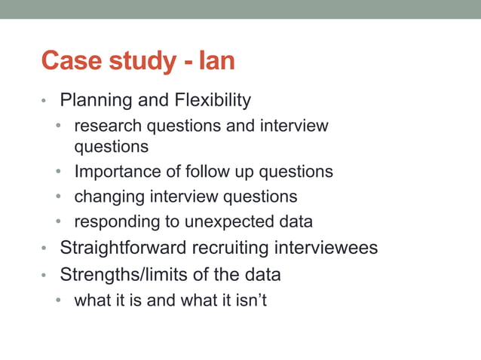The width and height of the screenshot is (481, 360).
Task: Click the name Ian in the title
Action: pyautogui.click(x=217, y=60)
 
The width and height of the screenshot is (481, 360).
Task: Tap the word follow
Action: pyautogui.click(x=210, y=172)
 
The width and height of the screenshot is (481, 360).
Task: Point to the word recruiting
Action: pyautogui.click(x=242, y=248)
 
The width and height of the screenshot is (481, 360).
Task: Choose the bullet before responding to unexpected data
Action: pyautogui.click(x=58, y=223)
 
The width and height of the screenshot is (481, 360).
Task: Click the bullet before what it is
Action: pyautogui.click(x=58, y=301)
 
